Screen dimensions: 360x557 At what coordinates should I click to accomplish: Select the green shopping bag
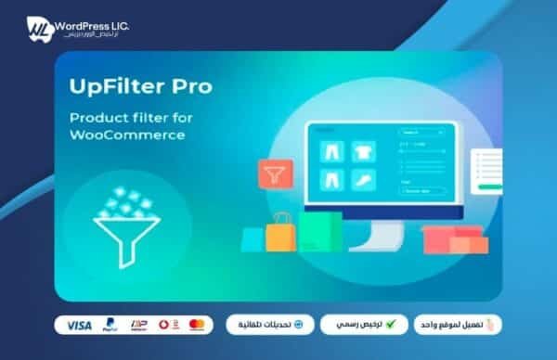tap(319, 231)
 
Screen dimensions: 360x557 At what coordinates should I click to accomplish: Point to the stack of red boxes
tap(452, 238)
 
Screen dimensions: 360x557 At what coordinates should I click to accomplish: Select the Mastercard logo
tap(196, 325)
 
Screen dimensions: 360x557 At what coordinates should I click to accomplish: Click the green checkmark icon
tap(390, 325)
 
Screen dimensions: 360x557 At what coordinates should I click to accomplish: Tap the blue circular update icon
tap(312, 325)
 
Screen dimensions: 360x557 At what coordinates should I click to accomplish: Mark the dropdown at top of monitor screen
tap(413, 132)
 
